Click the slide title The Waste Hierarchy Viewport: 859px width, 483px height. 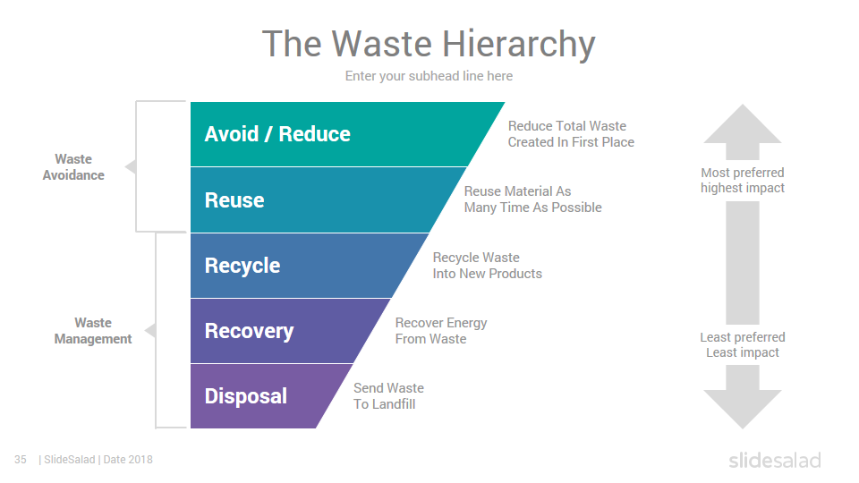coord(429,44)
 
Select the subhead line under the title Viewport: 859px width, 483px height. coord(429,75)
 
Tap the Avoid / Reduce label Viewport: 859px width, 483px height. coord(277,134)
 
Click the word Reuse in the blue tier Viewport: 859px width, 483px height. coord(234,199)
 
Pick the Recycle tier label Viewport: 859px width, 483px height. coord(242,266)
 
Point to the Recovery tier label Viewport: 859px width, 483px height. coord(250,331)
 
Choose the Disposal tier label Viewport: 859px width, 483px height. coord(246,396)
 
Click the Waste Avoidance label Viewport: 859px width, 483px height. coord(73,167)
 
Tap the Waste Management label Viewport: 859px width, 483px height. coord(93,331)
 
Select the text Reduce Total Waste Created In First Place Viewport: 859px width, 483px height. coord(571,134)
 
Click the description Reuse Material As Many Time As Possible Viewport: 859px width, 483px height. coord(532,199)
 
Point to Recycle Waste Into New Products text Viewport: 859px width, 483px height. coord(487,266)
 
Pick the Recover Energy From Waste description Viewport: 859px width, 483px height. coord(441,331)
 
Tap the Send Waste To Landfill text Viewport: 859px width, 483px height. coord(388,396)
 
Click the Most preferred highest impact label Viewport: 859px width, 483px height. coord(743,180)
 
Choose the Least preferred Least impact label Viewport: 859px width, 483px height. coord(743,345)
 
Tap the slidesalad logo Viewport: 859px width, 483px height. coord(775,460)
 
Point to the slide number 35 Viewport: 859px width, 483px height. coord(21,460)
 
